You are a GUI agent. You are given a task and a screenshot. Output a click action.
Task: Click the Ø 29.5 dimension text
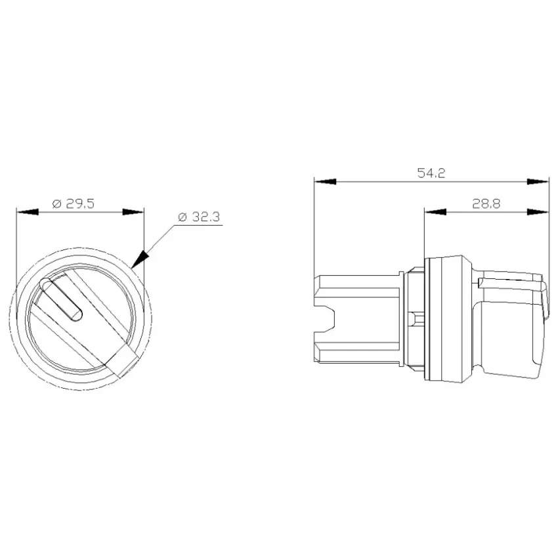74,204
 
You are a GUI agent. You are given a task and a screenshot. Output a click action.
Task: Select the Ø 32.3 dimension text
200,217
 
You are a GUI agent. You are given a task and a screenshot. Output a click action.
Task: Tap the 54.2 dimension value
431,173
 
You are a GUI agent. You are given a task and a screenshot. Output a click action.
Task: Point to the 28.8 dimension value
486,204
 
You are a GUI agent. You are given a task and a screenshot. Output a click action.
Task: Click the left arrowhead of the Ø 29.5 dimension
28,212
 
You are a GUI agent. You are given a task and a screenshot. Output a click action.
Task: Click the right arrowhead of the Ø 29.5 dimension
133,212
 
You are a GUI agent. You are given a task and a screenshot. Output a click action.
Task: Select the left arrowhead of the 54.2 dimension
325,182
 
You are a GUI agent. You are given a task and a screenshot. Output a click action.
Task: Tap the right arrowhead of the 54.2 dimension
538,182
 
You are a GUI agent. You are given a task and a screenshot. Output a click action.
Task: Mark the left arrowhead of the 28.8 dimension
435,212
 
